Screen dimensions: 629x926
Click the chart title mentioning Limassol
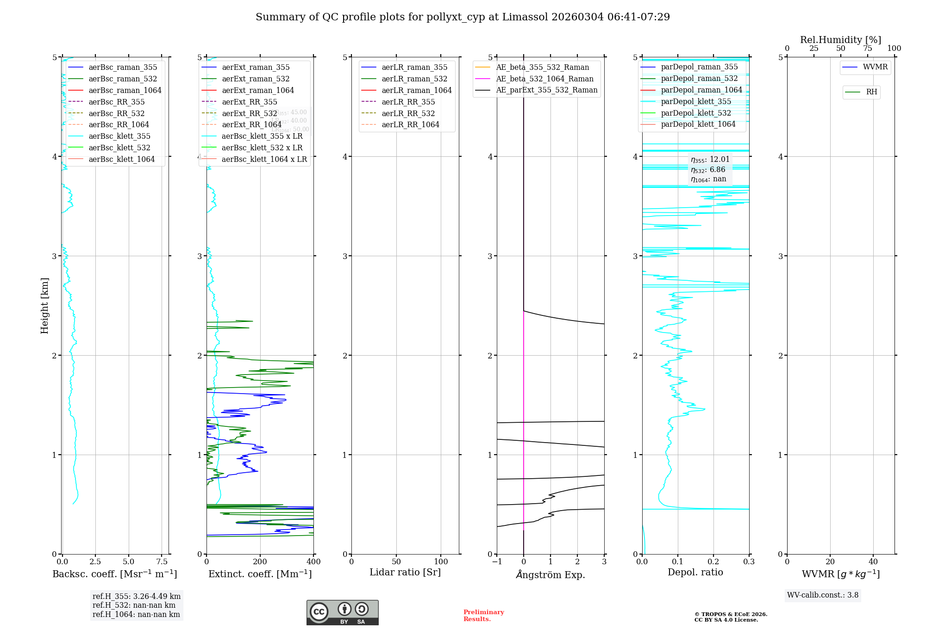click(463, 17)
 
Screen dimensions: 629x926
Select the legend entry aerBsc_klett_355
click(119, 136)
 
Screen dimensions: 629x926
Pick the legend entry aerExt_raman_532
click(256, 79)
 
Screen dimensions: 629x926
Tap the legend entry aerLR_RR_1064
click(410, 124)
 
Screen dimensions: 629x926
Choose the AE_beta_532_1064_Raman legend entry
click(544, 79)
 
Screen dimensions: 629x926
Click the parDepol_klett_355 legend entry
click(696, 101)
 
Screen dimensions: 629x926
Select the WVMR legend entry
click(875, 67)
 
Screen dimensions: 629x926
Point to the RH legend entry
click(871, 92)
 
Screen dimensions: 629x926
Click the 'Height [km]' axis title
click(44, 306)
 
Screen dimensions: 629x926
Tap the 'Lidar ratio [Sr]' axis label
click(405, 572)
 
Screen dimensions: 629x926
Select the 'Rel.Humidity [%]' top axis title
click(840, 40)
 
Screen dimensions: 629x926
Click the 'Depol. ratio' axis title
click(695, 572)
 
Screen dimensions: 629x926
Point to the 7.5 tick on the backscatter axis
click(162, 561)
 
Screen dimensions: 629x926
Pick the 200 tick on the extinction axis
click(260, 561)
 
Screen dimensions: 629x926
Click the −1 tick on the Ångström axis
click(497, 561)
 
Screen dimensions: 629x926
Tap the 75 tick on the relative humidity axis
click(867, 49)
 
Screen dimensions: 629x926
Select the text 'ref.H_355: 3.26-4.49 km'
click(137, 596)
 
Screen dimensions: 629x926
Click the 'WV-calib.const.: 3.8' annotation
click(823, 595)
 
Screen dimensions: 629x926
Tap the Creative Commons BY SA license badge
click(342, 612)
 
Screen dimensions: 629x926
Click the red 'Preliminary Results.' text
click(483, 615)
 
